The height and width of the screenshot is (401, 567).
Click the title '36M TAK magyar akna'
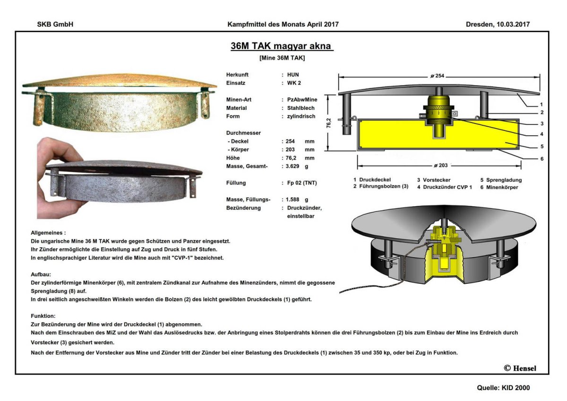(x=282, y=46)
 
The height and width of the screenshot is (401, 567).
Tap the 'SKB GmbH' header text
(x=55, y=24)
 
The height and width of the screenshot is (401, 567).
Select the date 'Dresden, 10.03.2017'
(x=498, y=24)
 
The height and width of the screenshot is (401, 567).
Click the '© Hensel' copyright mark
(x=520, y=368)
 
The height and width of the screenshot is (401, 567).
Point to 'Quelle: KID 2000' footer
(x=503, y=388)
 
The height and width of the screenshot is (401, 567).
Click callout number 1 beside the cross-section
(x=542, y=105)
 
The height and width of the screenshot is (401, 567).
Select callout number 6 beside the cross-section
(x=542, y=159)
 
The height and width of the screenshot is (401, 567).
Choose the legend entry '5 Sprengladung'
(x=501, y=180)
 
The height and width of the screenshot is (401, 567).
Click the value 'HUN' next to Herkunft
(x=293, y=75)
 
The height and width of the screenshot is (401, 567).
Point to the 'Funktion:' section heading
(x=43, y=315)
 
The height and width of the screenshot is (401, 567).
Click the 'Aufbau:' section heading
(x=42, y=274)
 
